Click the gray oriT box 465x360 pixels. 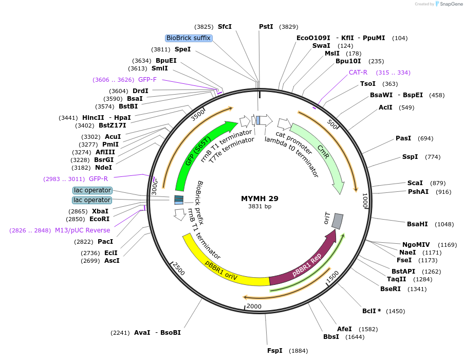coord(337,221)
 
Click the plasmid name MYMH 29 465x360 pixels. coord(259,198)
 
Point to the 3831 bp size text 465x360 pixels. coord(259,206)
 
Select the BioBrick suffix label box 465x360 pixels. coord(189,38)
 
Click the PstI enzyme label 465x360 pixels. coord(266,27)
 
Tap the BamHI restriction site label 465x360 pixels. coord(417,224)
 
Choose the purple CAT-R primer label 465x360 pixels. coord(358,73)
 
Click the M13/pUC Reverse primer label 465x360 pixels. coord(83,230)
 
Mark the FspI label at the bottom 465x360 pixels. coord(275,351)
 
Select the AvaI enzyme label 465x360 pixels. coord(142,333)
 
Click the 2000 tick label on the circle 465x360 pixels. coord(254,306)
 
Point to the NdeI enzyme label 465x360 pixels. coord(103,167)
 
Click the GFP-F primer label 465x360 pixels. coord(147,80)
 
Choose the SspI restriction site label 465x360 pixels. coord(410,157)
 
